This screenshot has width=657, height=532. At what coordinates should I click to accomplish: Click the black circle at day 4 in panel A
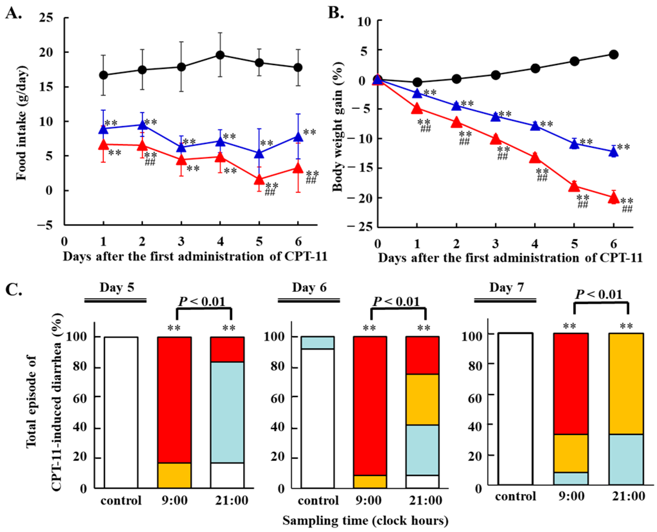[220, 55]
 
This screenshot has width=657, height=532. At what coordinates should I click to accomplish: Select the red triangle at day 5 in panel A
[259, 179]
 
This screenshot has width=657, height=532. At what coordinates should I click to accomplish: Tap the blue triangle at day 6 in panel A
[298, 136]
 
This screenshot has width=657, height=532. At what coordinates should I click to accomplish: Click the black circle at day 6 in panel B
[614, 55]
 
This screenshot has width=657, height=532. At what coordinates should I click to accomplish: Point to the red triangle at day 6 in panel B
[614, 198]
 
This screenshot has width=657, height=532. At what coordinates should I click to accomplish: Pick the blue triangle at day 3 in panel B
[496, 116]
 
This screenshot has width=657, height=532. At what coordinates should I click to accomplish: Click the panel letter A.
[14, 13]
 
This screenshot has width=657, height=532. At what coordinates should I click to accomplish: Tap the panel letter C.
[14, 290]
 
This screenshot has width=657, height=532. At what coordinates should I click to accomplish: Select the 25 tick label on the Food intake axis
[46, 18]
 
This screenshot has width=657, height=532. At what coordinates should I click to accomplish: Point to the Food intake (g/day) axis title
[22, 123]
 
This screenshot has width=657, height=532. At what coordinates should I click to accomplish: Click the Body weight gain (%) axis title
[338, 127]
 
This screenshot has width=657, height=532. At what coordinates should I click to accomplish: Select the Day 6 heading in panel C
[309, 287]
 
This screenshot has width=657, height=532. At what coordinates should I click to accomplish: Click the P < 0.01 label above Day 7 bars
[599, 294]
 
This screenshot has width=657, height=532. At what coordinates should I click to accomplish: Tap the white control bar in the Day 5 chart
[121, 413]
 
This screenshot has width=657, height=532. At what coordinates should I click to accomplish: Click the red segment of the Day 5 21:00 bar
[227, 350]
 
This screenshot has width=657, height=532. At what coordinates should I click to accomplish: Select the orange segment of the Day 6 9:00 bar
[370, 482]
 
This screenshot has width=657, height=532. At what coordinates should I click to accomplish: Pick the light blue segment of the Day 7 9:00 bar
[571, 478]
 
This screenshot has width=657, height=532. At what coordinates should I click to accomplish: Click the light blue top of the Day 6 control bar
[318, 343]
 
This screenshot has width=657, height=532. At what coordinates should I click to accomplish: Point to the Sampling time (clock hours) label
[365, 520]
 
